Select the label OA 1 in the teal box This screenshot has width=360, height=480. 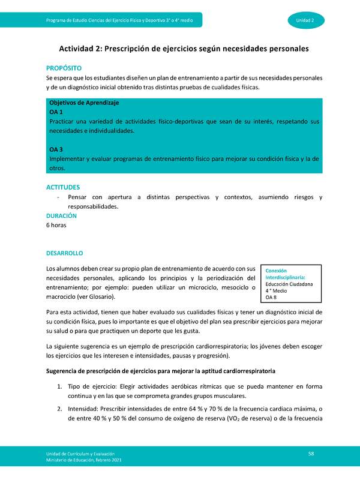coord(56,112)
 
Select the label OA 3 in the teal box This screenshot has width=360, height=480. coord(56,149)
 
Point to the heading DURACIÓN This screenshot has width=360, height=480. coord(62,215)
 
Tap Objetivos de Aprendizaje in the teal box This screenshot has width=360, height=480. coord(84,103)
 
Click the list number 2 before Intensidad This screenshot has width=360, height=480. coord(61,409)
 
